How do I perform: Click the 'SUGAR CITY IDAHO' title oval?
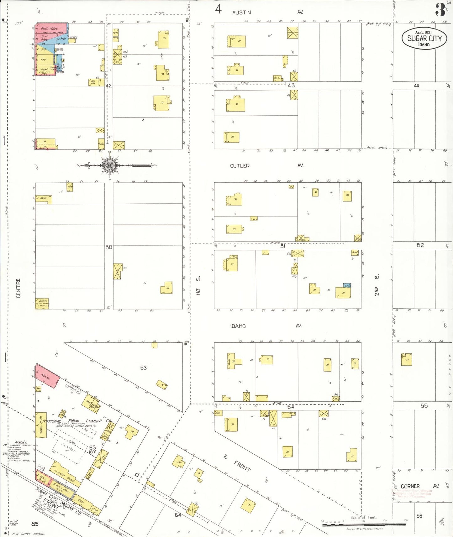point(424,39)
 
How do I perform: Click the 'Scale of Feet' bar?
point(364,524)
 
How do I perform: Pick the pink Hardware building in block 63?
point(47,376)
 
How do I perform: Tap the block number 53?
point(143,368)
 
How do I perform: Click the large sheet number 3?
point(440,10)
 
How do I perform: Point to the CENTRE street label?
point(18,288)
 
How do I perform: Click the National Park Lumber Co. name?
point(77,421)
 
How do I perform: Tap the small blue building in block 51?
point(347,285)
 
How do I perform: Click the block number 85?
point(35,524)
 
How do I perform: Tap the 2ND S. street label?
point(377,285)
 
